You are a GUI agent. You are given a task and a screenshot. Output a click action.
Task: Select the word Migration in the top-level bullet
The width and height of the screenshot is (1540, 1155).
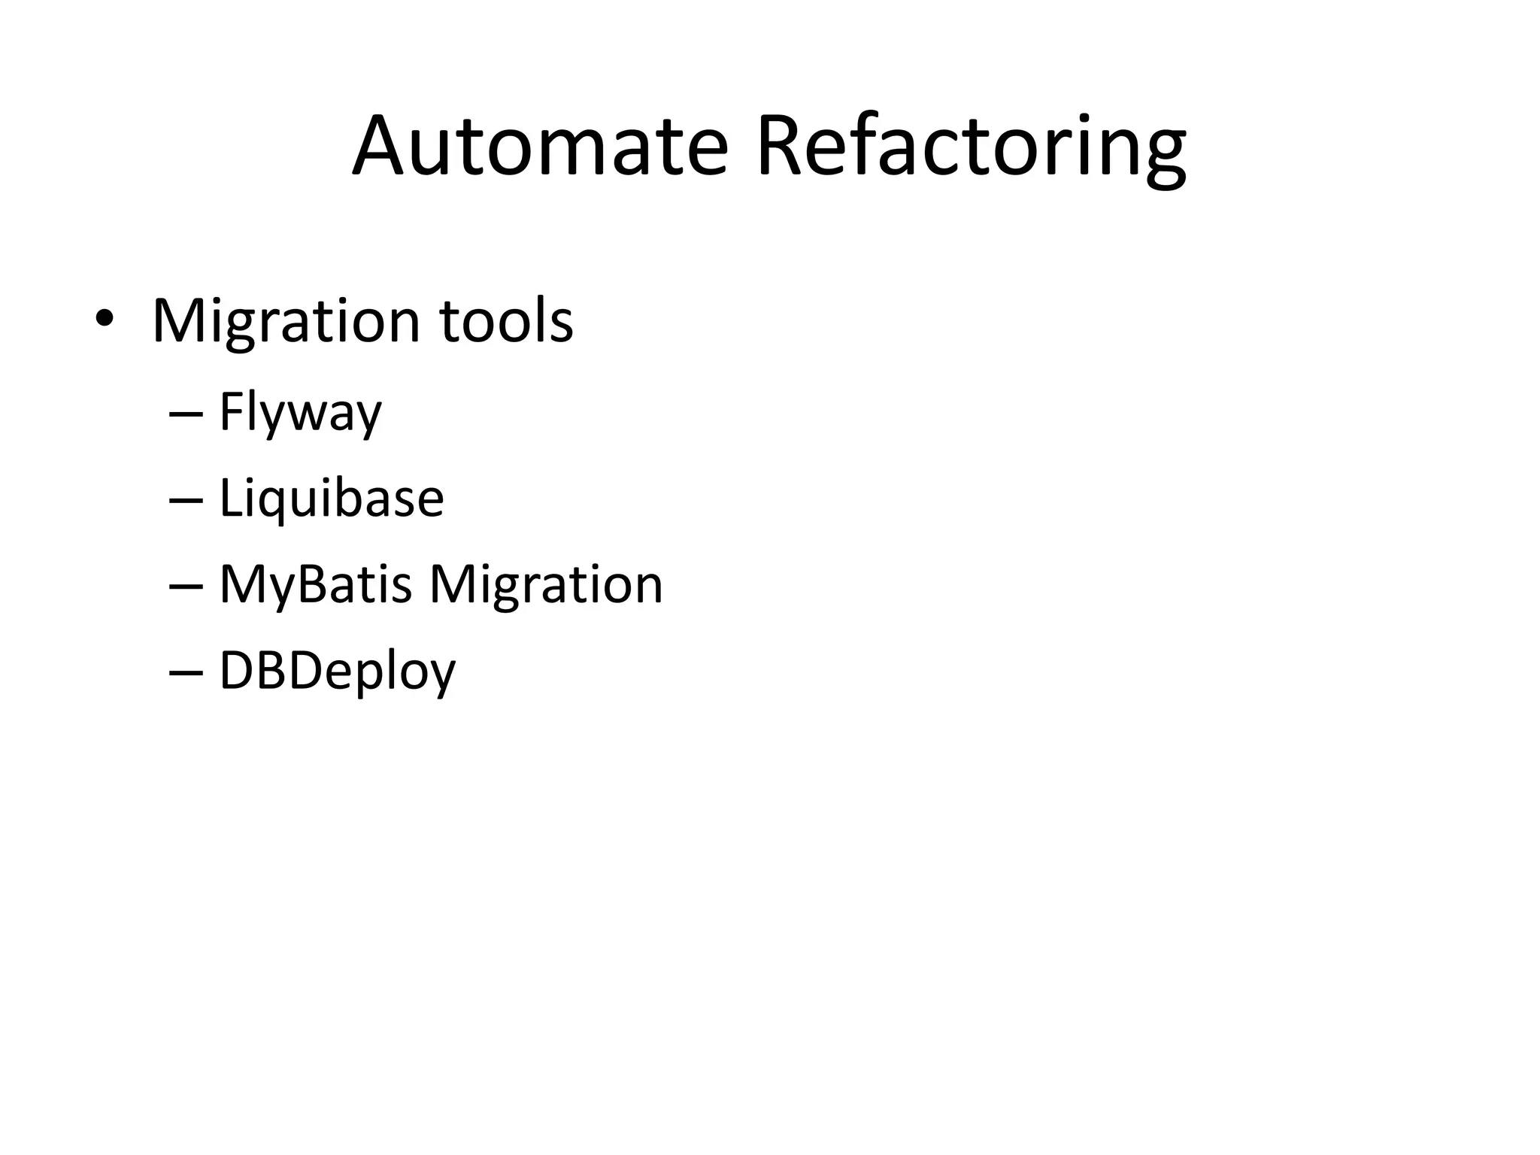pyautogui.click(x=286, y=322)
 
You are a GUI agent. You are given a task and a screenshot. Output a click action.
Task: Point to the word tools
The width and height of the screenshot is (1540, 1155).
pyautogui.click(x=506, y=322)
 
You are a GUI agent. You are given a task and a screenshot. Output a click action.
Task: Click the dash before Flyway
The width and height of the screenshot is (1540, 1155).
pyautogui.click(x=186, y=414)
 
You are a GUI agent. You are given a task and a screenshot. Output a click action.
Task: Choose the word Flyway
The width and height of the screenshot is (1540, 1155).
pyautogui.click(x=300, y=413)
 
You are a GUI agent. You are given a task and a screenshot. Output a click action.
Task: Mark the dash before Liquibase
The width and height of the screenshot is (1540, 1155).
pyautogui.click(x=186, y=500)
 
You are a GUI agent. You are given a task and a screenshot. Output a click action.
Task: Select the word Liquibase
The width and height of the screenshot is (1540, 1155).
pyautogui.click(x=331, y=499)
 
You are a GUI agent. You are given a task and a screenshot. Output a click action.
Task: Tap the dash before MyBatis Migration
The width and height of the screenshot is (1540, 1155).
pyautogui.click(x=186, y=587)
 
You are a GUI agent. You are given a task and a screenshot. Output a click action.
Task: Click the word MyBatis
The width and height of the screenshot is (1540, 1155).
pyautogui.click(x=315, y=585)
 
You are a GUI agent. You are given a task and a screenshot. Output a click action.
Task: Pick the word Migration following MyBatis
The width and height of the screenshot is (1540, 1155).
pyautogui.click(x=546, y=585)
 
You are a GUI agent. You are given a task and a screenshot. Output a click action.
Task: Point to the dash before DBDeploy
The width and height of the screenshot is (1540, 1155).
pyautogui.click(x=186, y=672)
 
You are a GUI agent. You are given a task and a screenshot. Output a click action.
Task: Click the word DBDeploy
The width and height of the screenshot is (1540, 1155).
pyautogui.click(x=337, y=671)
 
